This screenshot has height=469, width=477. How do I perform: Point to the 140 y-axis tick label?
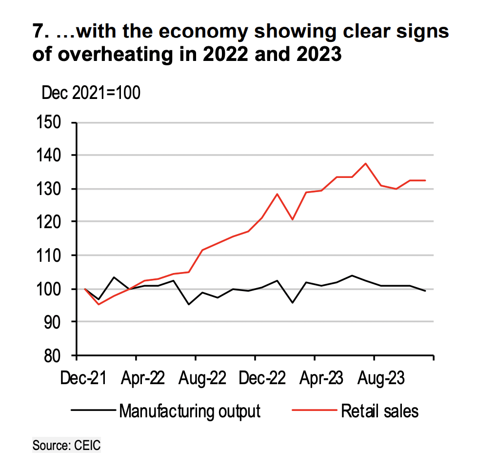coord(50,156)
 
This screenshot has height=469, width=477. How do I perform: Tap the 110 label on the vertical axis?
coord(50,255)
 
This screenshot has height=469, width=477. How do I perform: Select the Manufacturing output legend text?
coord(190,410)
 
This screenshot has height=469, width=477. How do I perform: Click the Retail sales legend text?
coord(379,410)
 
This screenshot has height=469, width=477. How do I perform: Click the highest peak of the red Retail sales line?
coord(366,164)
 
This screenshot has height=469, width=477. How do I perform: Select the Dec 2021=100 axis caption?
coord(91,92)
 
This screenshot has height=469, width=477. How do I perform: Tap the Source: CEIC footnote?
coord(66,445)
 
